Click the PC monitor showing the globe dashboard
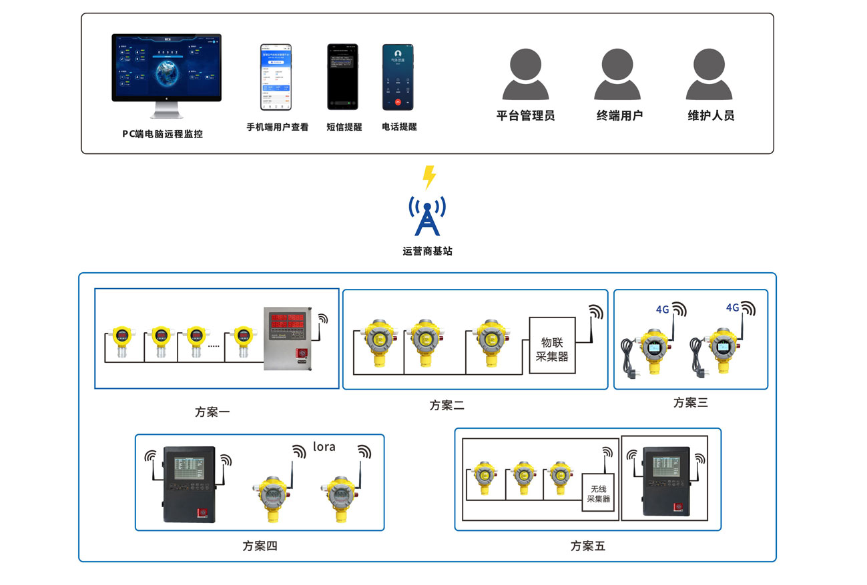(166, 69)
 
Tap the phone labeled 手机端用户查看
(276, 77)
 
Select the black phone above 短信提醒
(342, 77)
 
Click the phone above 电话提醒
(398, 77)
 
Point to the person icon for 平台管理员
(525, 75)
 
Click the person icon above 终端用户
(617, 75)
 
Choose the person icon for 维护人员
(709, 75)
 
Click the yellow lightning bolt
(430, 177)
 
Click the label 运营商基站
(427, 251)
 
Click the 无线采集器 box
(598, 492)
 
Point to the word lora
(324, 447)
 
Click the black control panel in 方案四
(190, 485)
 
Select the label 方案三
(690, 402)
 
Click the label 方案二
(447, 405)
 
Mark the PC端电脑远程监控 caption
(162, 133)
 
